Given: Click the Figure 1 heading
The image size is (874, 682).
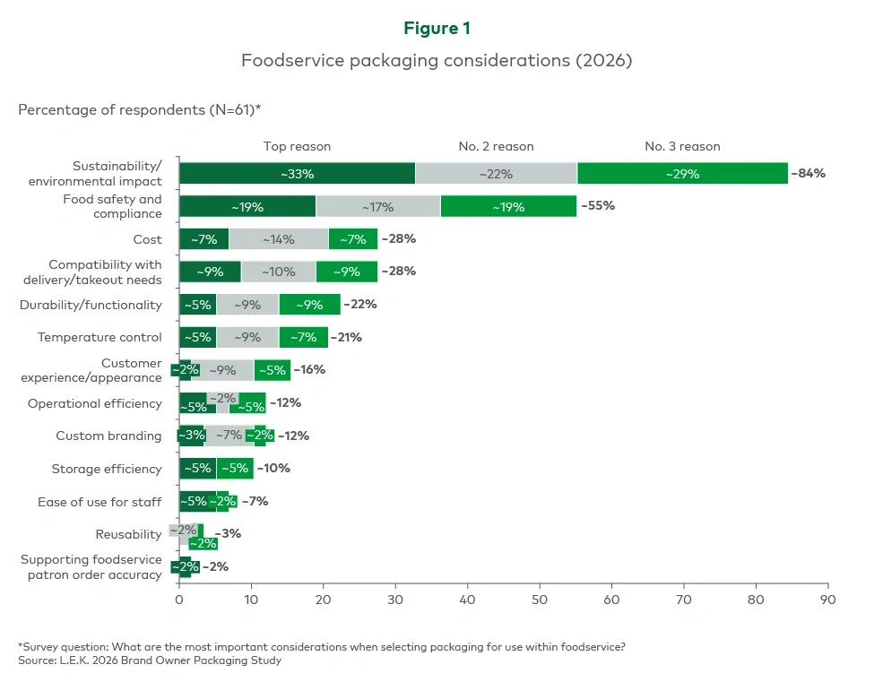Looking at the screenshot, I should tap(437, 29).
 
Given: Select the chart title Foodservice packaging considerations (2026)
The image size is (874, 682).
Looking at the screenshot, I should tap(437, 61).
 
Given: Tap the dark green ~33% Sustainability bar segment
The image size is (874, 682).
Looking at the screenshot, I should tap(297, 174).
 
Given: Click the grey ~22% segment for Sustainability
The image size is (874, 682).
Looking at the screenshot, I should tap(496, 174).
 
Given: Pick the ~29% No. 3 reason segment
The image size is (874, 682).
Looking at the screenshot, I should tap(682, 174).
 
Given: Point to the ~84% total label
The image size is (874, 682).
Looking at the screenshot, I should tap(808, 174).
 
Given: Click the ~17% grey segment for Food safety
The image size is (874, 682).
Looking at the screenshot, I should tap(377, 207).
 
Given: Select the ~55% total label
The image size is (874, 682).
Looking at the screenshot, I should tap(599, 206).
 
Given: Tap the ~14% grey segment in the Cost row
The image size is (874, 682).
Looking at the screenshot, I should tap(279, 239).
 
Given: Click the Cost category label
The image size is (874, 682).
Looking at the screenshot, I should tap(147, 239).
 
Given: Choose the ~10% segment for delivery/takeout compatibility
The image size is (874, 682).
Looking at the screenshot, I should tap(278, 272).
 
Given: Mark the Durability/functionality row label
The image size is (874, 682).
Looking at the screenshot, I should tap(91, 305).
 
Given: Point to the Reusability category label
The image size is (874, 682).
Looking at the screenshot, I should tap(128, 535).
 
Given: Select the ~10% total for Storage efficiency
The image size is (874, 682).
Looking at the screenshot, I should tap(273, 468).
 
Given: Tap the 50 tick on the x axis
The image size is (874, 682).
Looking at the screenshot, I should tap(540, 598).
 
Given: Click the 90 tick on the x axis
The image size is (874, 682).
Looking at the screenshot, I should tap(827, 598).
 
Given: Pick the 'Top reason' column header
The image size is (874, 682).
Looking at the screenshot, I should tap(297, 146).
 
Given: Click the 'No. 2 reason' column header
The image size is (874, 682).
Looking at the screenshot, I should tap(496, 146).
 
